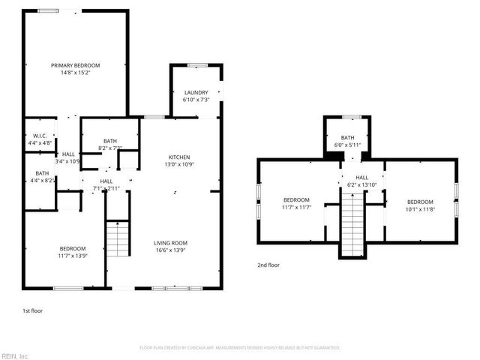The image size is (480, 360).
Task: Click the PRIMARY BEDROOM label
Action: click(75, 66)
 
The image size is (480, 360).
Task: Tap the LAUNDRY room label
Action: click(196, 92)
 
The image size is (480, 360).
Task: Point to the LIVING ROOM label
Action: click(170, 243)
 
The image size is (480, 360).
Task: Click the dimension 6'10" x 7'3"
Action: click(196, 100)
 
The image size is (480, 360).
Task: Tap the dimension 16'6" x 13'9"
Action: click(170, 250)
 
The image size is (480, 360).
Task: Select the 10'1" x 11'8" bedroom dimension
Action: click(420, 208)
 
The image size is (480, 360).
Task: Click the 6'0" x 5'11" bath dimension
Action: click(348, 145)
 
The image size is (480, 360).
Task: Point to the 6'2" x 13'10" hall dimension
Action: click(362, 184)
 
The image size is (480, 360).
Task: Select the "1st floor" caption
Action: click(32, 309)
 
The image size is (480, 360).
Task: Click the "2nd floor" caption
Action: click(268, 265)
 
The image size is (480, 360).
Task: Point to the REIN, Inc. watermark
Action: click(15, 355)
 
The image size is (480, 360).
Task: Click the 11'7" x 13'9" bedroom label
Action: click(73, 253)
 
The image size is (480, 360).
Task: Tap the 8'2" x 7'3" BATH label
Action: click(111, 145)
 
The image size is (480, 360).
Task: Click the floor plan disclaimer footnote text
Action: click(240, 348)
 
